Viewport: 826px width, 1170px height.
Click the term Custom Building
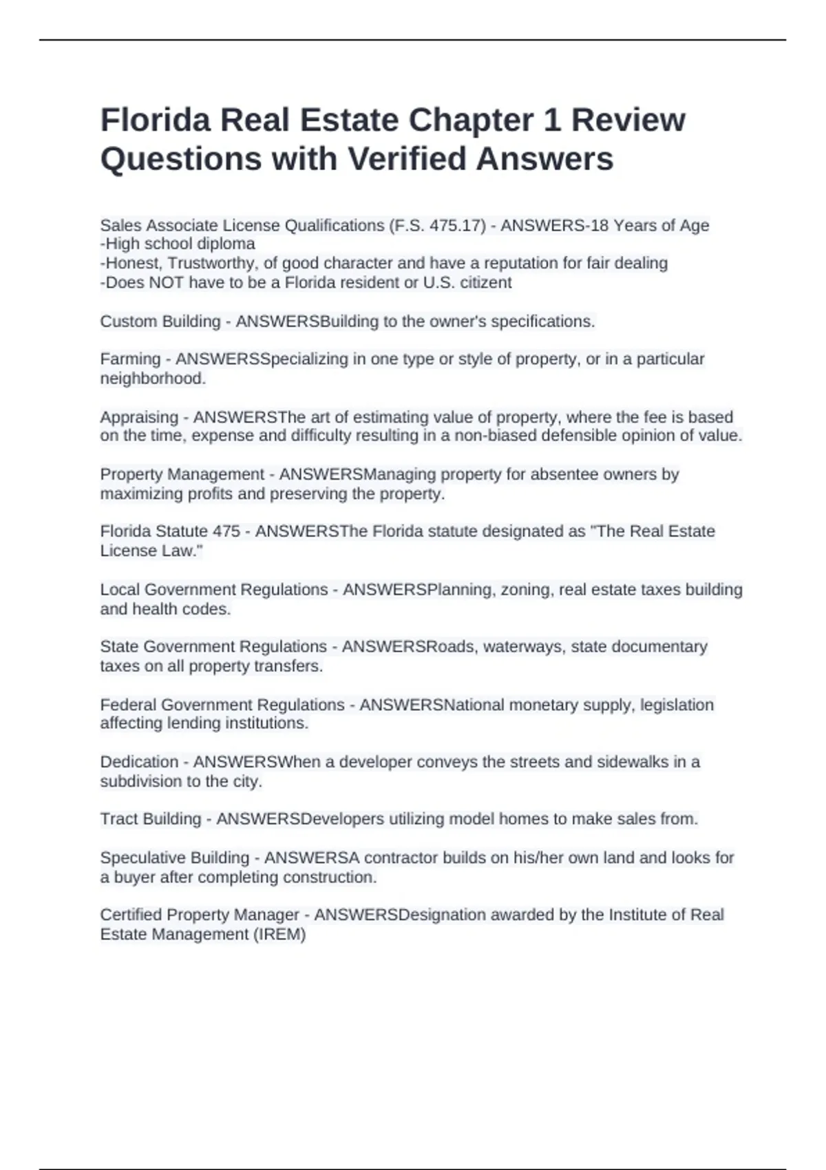tap(160, 321)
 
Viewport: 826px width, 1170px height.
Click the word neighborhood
tap(153, 379)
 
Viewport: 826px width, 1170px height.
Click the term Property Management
tap(182, 475)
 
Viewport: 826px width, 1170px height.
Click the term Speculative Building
tap(174, 858)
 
